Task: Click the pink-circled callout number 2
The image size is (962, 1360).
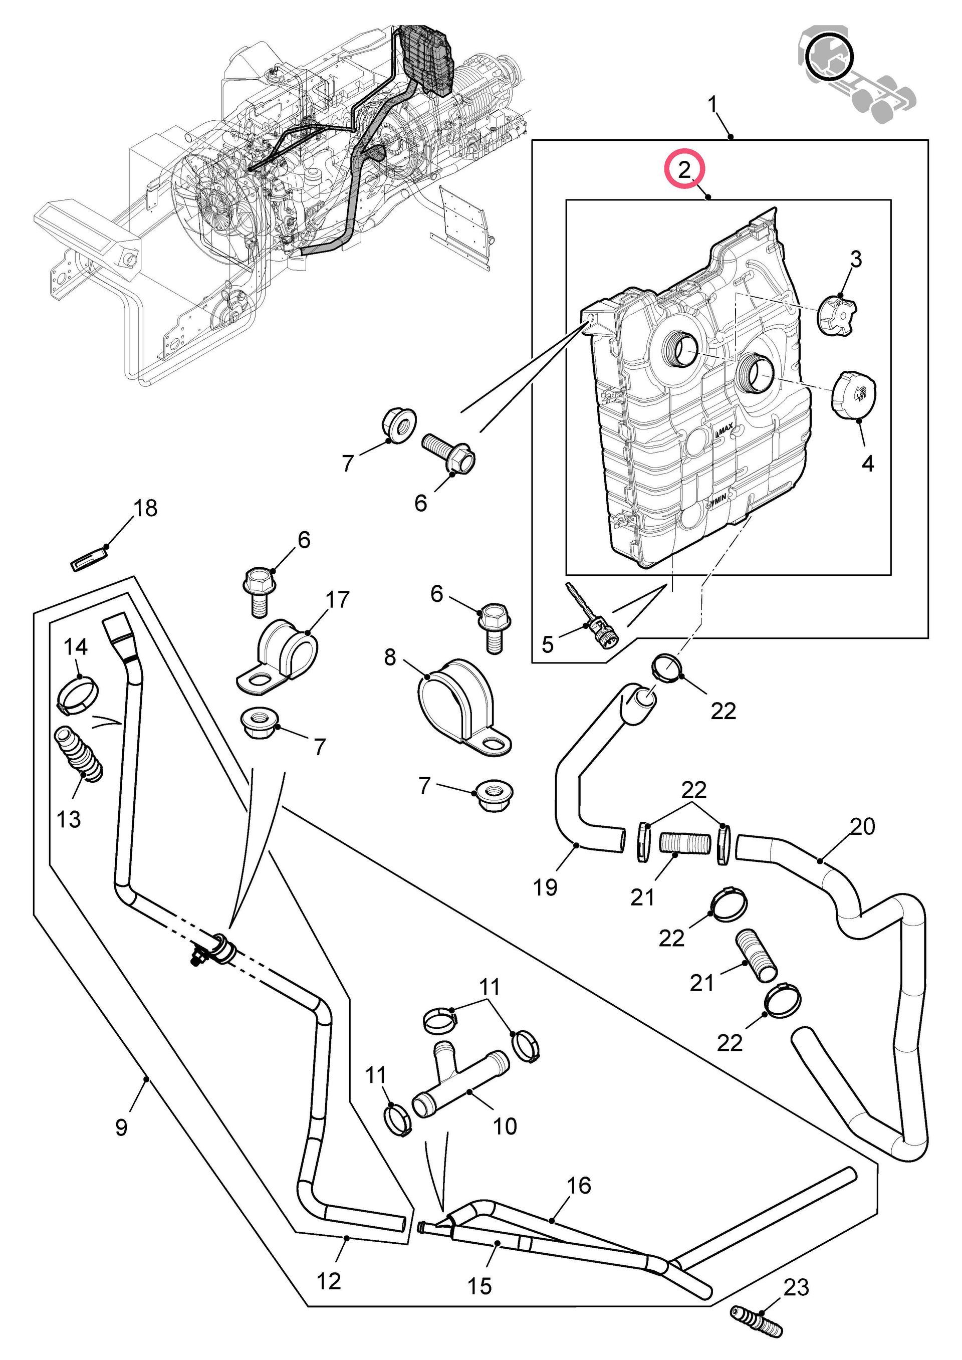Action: coord(685,170)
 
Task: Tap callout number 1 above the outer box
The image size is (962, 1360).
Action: coord(713,105)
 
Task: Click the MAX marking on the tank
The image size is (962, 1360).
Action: coord(725,427)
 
